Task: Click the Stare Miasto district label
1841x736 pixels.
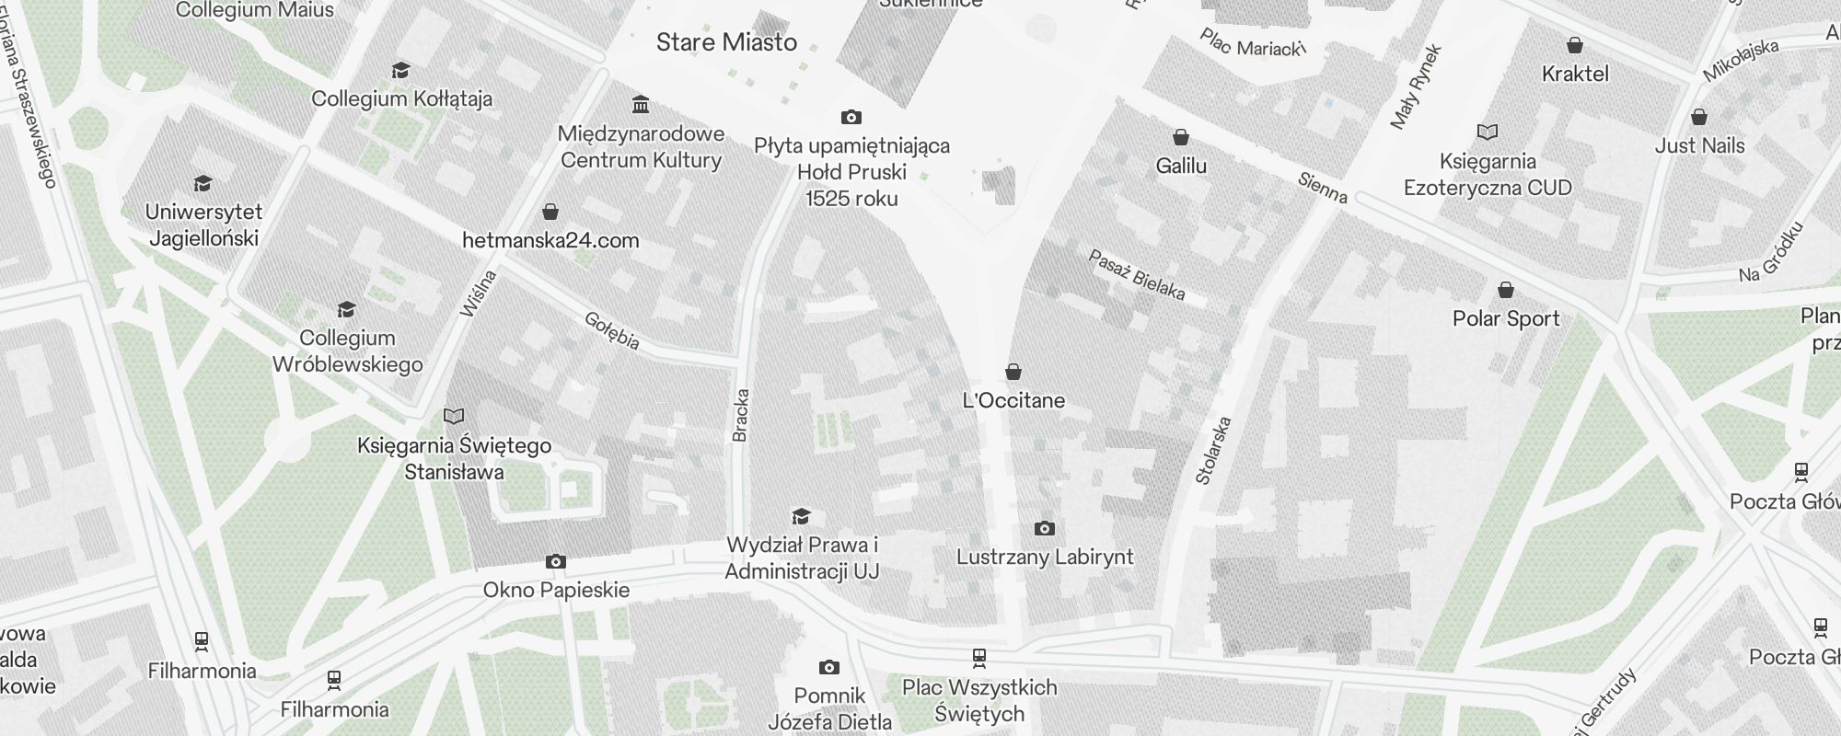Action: coord(726,42)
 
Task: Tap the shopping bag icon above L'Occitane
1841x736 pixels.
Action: coord(1013,372)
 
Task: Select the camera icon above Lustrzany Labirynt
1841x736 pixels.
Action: coord(1044,528)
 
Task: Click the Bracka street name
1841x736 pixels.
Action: coord(741,415)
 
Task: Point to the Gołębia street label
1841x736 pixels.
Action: coord(612,331)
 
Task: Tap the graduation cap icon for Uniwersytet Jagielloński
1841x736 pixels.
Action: coord(203,184)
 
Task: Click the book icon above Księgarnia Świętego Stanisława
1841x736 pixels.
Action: coord(454,416)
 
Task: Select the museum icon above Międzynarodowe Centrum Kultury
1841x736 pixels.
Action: coord(641,103)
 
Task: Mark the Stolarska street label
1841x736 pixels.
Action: coord(1212,451)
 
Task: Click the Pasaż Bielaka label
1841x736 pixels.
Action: coord(1137,274)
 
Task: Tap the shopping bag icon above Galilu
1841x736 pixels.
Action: coord(1181,137)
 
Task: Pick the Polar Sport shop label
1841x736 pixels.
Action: coord(1506,319)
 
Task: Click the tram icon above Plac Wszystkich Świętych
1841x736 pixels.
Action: coord(978,658)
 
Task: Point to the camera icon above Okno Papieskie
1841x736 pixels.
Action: coord(556,561)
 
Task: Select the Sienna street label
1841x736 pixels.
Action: coord(1323,189)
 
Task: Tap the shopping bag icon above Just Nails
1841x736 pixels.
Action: coord(1699,117)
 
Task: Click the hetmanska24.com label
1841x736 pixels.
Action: coord(550,241)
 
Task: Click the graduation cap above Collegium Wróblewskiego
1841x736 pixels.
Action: coord(347,309)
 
